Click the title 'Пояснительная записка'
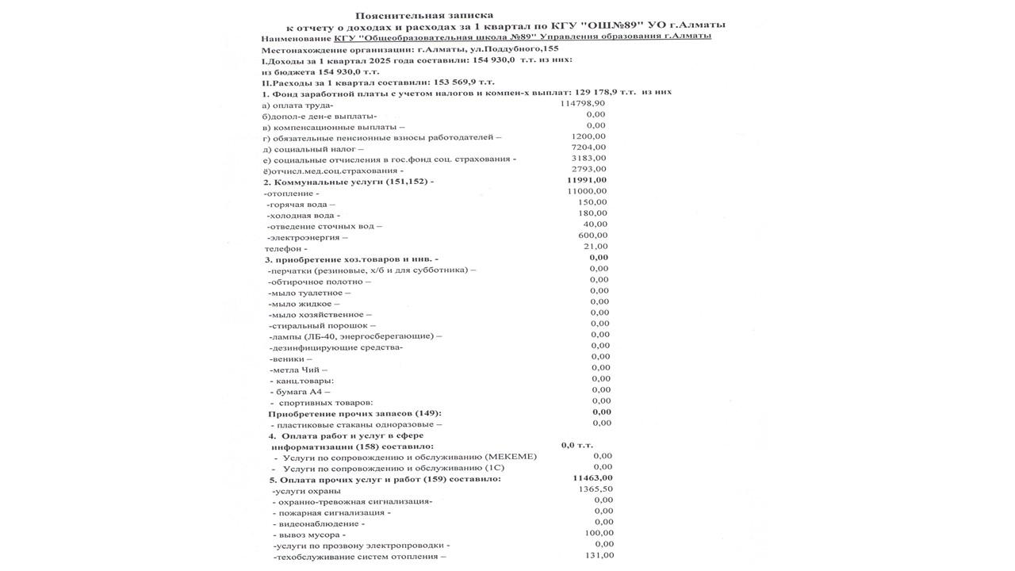[x=423, y=15]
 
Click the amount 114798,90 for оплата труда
[x=582, y=103]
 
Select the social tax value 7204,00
[x=588, y=147]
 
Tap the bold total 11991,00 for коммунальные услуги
[x=587, y=180]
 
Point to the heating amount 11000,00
[x=587, y=191]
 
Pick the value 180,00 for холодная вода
[x=592, y=213]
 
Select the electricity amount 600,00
[x=592, y=235]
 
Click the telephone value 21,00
[x=595, y=247]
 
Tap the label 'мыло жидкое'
[x=304, y=304]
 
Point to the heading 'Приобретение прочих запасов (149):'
[x=354, y=413]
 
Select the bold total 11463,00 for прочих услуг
[x=592, y=477]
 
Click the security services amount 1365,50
[x=596, y=489]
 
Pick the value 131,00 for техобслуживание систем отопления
[x=599, y=555]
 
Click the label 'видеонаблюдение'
[x=320, y=523]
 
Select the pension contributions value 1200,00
[x=588, y=136]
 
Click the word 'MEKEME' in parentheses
[x=510, y=457]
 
